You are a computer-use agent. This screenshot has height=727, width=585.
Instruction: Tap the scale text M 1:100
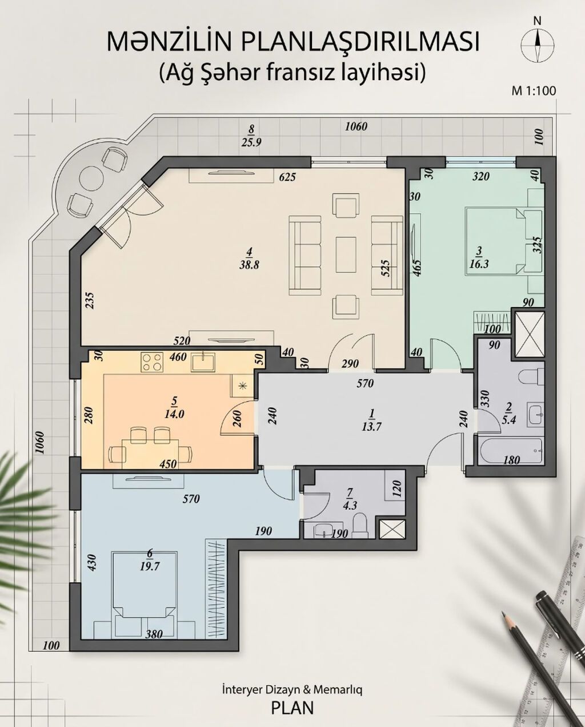click(x=534, y=90)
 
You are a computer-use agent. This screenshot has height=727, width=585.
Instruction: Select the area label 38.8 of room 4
click(x=249, y=265)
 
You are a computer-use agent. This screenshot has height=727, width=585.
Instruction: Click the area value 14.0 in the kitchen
click(x=174, y=414)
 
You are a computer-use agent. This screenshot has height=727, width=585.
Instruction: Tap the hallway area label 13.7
click(x=371, y=427)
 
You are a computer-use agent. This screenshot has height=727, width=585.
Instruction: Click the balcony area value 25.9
click(x=251, y=142)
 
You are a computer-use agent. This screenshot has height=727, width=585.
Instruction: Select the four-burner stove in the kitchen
click(x=152, y=363)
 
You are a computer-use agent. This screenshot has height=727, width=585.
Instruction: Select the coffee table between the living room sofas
click(x=346, y=255)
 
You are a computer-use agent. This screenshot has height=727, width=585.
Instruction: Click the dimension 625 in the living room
click(x=287, y=177)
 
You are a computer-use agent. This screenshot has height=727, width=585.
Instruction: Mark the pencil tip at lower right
click(x=502, y=611)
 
